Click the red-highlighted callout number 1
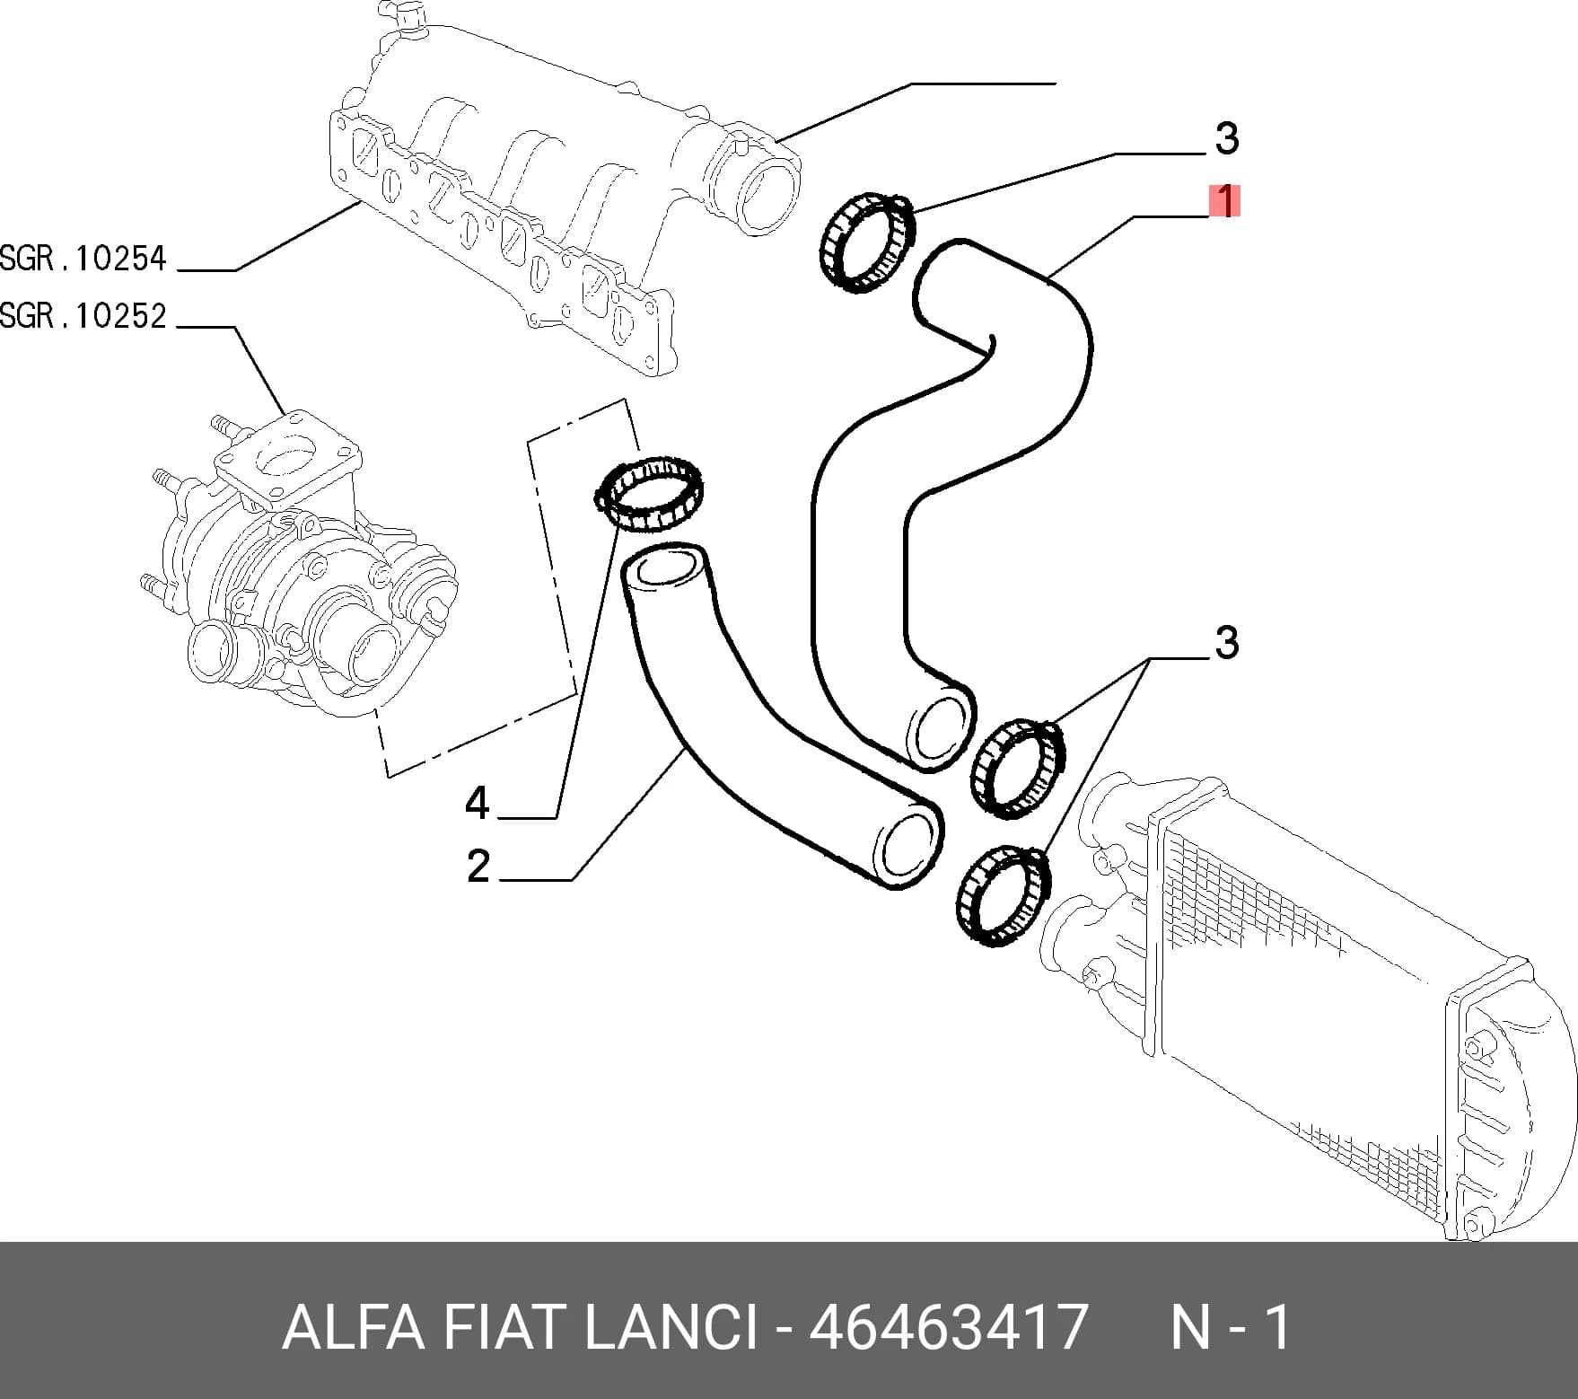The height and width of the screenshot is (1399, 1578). [x=1224, y=202]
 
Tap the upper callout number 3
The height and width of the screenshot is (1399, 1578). [x=1227, y=139]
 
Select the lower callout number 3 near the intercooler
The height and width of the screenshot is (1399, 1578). [x=1227, y=643]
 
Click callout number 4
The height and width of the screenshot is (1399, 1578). [x=478, y=802]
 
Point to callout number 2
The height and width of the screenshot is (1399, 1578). [x=478, y=867]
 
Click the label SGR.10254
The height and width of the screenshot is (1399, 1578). [x=83, y=260]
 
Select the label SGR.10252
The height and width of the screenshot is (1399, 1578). [x=83, y=316]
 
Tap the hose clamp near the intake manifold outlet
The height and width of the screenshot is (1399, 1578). [x=867, y=242]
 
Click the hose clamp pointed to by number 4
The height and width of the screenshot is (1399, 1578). [x=649, y=492]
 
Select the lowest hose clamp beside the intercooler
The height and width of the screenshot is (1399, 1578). [x=1002, y=895]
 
